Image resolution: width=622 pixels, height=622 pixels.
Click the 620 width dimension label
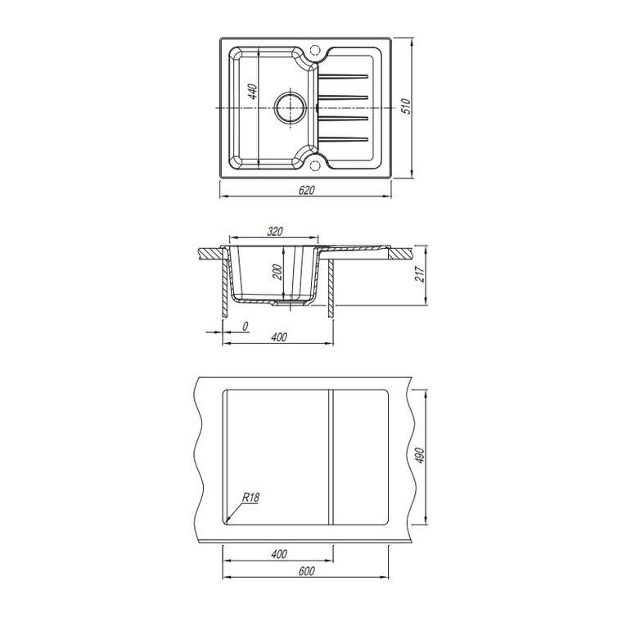click(306, 190)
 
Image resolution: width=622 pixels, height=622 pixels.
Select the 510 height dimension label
click(407, 106)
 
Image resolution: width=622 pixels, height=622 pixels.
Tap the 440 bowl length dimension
click(252, 92)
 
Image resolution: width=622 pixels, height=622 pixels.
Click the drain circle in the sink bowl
click(291, 107)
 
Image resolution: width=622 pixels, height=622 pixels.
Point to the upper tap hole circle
click(314, 51)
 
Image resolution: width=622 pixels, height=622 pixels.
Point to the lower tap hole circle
click(314, 166)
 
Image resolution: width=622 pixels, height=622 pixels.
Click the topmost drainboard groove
click(344, 76)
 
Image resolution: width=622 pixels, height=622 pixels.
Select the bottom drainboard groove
click(344, 139)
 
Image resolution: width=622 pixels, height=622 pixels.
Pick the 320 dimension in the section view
click(274, 231)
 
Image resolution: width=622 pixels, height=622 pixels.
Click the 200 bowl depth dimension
click(277, 272)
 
